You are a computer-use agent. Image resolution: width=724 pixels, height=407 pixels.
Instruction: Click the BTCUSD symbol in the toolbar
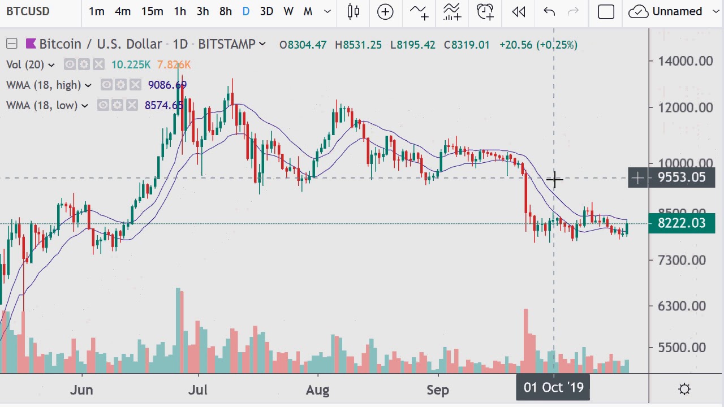click(x=28, y=11)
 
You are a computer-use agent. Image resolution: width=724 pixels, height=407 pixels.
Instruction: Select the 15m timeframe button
click(x=152, y=11)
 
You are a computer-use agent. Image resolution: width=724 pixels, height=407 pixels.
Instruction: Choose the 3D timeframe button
click(x=266, y=11)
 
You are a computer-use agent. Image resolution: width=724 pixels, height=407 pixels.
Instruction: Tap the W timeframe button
click(x=288, y=11)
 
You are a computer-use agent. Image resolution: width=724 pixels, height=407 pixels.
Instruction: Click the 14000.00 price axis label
click(x=686, y=61)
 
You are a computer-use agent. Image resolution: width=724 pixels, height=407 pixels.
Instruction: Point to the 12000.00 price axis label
click(x=686, y=107)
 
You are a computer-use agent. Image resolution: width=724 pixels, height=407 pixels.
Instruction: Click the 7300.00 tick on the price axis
click(x=682, y=260)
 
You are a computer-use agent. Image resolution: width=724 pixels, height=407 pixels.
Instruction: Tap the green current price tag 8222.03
click(x=682, y=223)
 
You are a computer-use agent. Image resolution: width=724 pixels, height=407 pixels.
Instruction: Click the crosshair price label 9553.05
click(x=682, y=178)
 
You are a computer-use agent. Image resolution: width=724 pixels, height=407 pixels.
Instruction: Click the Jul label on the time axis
click(x=198, y=390)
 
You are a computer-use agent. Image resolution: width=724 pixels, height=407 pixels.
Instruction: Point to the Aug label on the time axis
click(x=318, y=390)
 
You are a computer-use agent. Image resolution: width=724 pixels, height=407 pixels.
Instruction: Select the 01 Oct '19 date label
click(x=553, y=388)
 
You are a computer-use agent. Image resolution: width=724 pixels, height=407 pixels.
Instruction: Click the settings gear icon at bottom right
click(x=684, y=389)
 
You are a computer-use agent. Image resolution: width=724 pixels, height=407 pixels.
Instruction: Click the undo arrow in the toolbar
click(x=549, y=11)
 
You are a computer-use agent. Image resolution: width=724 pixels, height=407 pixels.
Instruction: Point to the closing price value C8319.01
click(x=467, y=45)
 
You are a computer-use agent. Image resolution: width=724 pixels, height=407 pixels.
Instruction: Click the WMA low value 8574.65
click(x=164, y=105)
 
